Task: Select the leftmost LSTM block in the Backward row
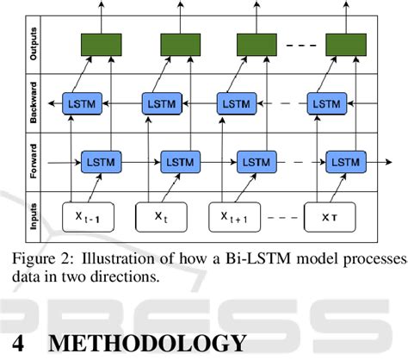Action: pos(83,103)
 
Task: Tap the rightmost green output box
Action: pos(346,45)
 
